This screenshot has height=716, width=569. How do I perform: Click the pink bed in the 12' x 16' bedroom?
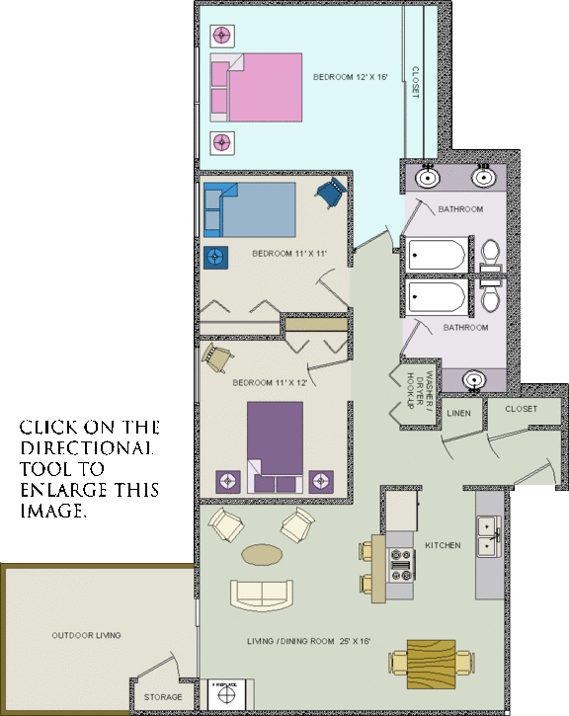(259, 86)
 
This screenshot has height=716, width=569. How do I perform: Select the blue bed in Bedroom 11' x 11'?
(252, 207)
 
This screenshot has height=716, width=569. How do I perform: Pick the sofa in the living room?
(261, 596)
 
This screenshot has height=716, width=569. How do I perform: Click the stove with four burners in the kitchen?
(402, 565)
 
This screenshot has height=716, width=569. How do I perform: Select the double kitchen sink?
(487, 534)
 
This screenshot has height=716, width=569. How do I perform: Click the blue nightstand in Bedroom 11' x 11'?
(215, 257)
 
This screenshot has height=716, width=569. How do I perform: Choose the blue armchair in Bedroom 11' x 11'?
(332, 194)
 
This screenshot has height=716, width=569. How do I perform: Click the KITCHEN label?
(443, 545)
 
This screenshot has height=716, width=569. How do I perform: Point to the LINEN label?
(458, 412)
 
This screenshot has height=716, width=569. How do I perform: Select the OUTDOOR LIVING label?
(86, 635)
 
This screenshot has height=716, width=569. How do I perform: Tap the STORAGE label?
(163, 697)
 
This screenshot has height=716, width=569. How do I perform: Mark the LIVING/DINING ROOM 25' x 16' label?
(307, 641)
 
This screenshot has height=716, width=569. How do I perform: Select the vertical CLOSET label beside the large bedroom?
(416, 81)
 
